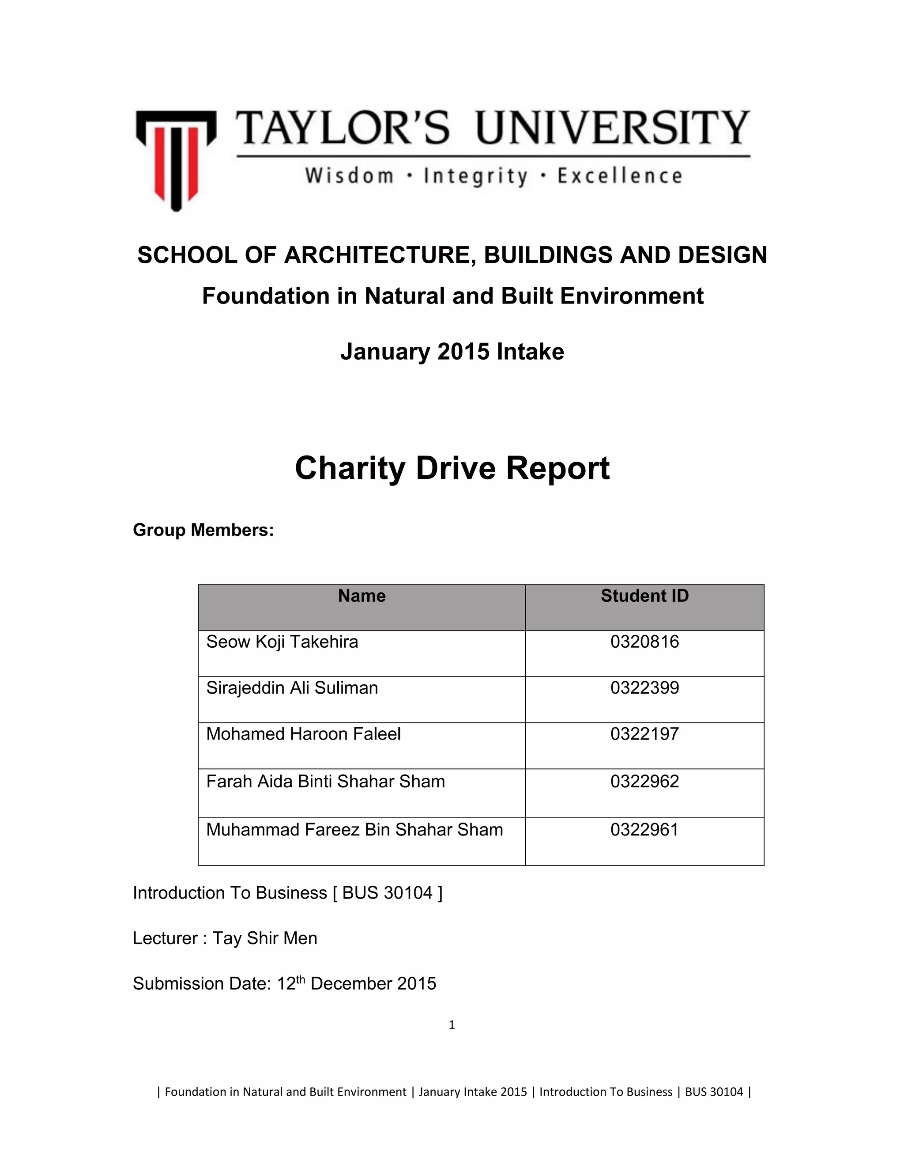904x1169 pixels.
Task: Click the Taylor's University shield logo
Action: (x=176, y=159)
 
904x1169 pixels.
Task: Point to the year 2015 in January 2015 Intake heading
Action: (x=463, y=352)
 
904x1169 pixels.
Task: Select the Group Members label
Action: (x=203, y=530)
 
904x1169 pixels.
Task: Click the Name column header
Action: (x=362, y=596)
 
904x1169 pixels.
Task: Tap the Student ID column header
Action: (x=644, y=596)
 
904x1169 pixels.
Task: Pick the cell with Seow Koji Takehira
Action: (x=282, y=642)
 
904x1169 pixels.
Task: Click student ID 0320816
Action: (x=644, y=642)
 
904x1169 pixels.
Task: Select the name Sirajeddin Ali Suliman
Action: (x=292, y=688)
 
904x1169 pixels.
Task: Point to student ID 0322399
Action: (x=644, y=688)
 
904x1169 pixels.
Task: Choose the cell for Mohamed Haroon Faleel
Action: (x=303, y=734)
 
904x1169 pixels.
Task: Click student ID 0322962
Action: (x=644, y=782)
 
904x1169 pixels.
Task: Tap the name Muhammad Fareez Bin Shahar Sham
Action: (x=354, y=830)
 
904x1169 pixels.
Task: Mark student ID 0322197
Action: (x=644, y=734)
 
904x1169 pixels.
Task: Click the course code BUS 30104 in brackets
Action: (x=387, y=893)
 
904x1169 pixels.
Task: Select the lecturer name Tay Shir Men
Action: (x=265, y=938)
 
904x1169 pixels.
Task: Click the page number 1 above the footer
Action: (x=452, y=1025)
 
